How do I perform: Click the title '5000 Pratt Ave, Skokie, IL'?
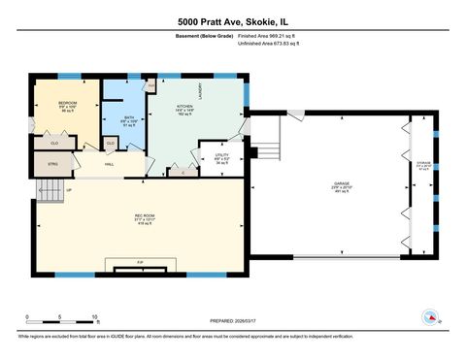pos(232,20)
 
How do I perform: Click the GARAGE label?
pos(341,182)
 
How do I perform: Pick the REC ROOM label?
pos(147,216)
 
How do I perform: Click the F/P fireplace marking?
pos(141,263)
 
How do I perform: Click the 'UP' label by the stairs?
pos(69,190)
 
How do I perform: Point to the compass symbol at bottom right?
pos(430,316)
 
